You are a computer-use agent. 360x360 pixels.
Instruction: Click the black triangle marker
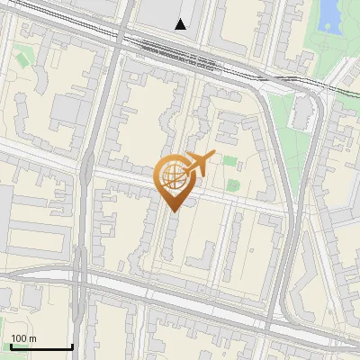point(181,24)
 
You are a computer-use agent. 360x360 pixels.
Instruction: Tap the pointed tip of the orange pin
point(173,211)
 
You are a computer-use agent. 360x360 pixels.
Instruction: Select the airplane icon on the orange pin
point(199,162)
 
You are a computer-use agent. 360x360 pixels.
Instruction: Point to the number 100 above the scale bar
point(18,338)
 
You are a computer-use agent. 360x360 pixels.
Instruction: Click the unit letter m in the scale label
point(32,338)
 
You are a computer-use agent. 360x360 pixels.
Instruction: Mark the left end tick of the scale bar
point(11,346)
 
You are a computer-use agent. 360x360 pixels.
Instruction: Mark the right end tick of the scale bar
point(72,346)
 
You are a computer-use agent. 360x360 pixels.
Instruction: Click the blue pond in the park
point(329,13)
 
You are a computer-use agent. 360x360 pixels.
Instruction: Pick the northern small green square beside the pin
point(230,162)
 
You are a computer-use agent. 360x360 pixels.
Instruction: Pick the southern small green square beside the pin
point(234,184)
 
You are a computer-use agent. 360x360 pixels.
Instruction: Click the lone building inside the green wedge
point(302,111)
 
